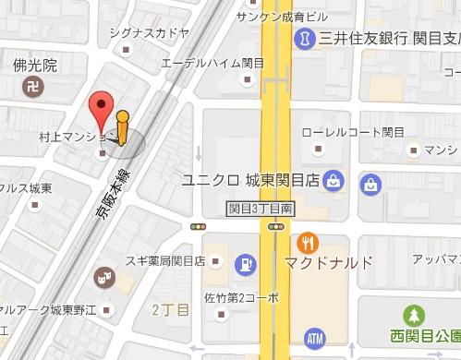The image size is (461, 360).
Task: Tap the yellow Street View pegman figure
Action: pyautogui.click(x=123, y=128)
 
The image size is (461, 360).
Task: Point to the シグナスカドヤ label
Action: pyautogui.click(x=148, y=33)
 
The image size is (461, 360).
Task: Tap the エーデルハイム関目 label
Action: pyautogui.click(x=212, y=63)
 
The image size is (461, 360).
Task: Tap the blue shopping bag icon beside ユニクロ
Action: pyautogui.click(x=334, y=179)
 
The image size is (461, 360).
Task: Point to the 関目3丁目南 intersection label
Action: pyautogui.click(x=261, y=209)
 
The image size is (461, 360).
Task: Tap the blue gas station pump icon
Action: pyautogui.click(x=245, y=263)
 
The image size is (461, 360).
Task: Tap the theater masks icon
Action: pyautogui.click(x=104, y=275)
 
